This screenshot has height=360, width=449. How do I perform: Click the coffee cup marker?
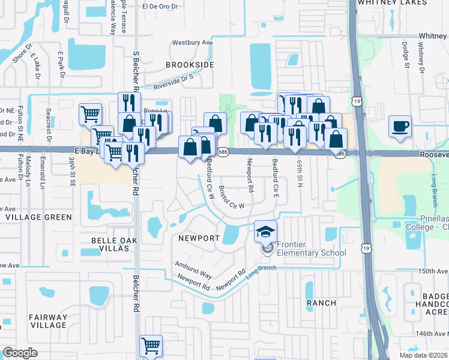400,127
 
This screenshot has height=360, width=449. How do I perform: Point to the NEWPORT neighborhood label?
199,238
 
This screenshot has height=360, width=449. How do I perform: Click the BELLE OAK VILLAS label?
114,246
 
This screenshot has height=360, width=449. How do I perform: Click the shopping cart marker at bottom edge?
151,346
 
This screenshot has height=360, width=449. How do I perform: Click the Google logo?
20,352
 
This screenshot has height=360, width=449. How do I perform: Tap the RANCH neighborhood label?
321,303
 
